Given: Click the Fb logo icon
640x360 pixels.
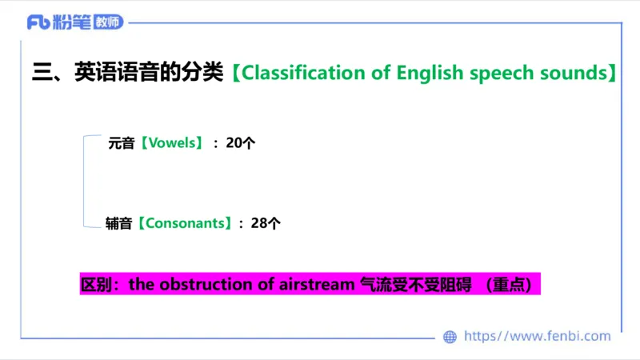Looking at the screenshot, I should (38, 22).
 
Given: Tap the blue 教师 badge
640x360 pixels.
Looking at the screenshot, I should (108, 22).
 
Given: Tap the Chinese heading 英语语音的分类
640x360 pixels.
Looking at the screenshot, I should (148, 73).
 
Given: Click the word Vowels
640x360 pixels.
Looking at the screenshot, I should (173, 144).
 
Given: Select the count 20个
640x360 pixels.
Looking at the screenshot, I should (240, 144).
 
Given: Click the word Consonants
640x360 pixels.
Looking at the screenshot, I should (186, 224).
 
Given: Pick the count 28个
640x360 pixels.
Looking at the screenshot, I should (266, 224).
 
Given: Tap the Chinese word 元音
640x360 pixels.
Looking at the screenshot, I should (122, 144).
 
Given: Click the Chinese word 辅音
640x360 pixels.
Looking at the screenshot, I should (118, 224).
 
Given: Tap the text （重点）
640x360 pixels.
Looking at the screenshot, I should (512, 284).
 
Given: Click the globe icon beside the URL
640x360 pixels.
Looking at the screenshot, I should (450, 337).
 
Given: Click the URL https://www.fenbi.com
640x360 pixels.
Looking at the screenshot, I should (537, 337).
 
